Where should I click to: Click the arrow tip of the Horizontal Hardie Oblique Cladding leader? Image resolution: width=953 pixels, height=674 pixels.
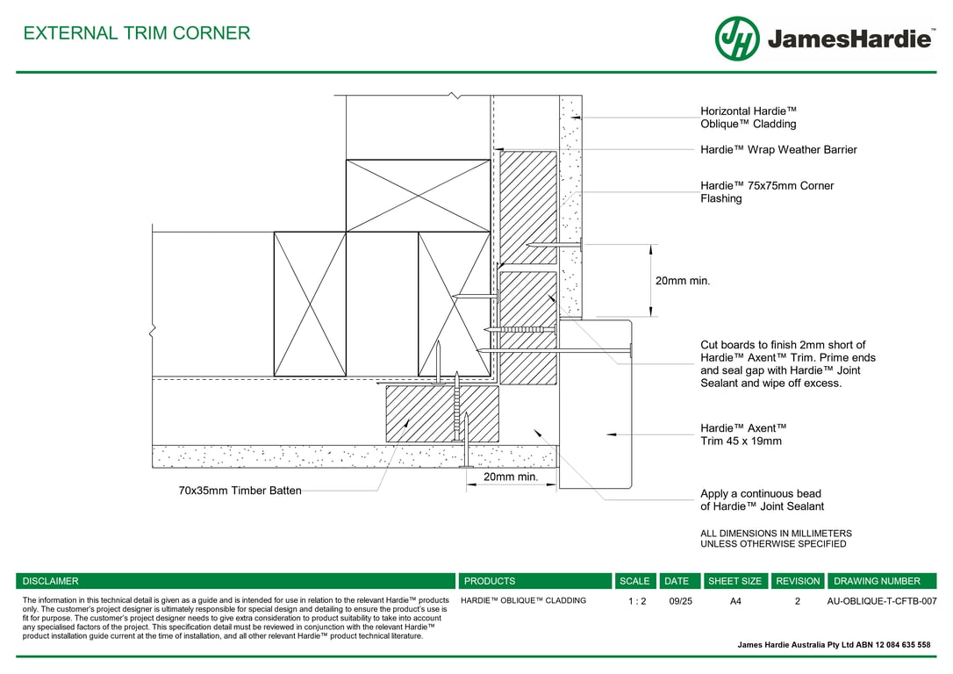pyautogui.click(x=570, y=118)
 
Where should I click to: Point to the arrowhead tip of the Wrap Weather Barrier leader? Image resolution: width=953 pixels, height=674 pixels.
pyautogui.click(x=494, y=149)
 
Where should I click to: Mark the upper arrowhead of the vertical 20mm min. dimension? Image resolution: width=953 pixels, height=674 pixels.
pyautogui.click(x=651, y=245)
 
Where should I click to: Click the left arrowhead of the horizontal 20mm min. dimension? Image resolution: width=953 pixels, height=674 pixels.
pyautogui.click(x=467, y=484)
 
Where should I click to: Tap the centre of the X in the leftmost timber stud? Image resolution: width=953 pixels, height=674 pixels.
pyautogui.click(x=310, y=304)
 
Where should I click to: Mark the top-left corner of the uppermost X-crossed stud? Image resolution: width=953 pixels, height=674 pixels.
pyautogui.click(x=347, y=160)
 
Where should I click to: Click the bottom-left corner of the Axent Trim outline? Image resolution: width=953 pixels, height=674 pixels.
pyautogui.click(x=559, y=488)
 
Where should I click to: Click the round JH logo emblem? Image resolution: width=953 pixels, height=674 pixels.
pyautogui.click(x=737, y=39)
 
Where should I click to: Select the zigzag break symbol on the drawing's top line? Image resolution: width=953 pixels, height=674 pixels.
pyautogui.click(x=455, y=96)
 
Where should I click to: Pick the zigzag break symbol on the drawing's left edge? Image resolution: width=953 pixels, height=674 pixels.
pyautogui.click(x=152, y=330)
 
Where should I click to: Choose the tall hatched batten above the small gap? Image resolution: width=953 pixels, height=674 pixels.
pyautogui.click(x=528, y=207)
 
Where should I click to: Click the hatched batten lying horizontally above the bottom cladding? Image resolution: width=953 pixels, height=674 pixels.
pyautogui.click(x=442, y=414)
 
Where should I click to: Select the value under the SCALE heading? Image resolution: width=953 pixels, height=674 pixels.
pyautogui.click(x=637, y=601)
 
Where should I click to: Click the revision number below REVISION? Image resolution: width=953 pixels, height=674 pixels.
pyautogui.click(x=798, y=601)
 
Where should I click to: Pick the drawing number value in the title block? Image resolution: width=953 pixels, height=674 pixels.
pyautogui.click(x=881, y=601)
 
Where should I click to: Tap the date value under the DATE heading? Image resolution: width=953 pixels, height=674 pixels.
pyautogui.click(x=680, y=601)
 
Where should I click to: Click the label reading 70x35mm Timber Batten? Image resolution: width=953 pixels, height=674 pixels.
pyautogui.click(x=240, y=491)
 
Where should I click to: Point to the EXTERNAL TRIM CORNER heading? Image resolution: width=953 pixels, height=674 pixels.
pyautogui.click(x=137, y=32)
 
